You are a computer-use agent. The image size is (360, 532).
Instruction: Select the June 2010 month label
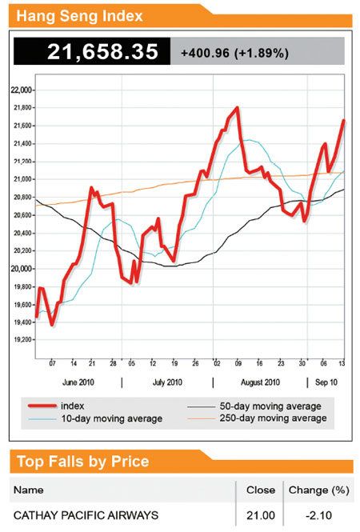[78, 382]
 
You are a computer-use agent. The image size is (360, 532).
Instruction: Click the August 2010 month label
[260, 382]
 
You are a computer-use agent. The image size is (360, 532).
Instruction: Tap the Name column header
[30, 490]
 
